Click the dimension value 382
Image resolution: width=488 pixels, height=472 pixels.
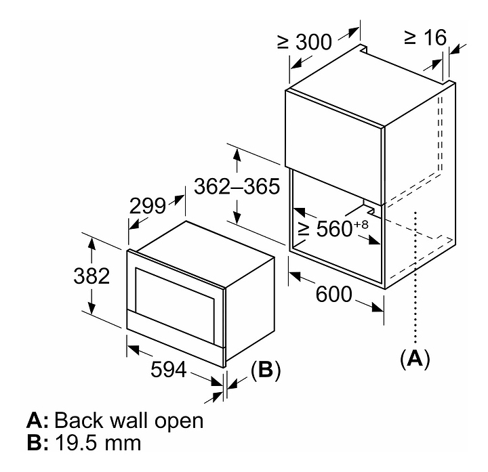pos(91,276)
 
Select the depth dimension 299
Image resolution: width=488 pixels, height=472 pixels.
pos(148,205)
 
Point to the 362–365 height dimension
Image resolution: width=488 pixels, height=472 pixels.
pos(237,186)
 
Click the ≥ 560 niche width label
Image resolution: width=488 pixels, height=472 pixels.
pos(325,229)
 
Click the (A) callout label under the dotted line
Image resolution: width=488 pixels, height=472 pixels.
pos(415,357)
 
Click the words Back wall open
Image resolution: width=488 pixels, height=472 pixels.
pos(129,421)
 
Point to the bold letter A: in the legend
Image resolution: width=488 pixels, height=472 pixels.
pos(37,421)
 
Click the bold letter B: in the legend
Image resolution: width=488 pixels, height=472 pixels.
pos(37,444)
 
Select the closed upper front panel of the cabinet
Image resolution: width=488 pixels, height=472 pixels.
pos(334,127)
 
